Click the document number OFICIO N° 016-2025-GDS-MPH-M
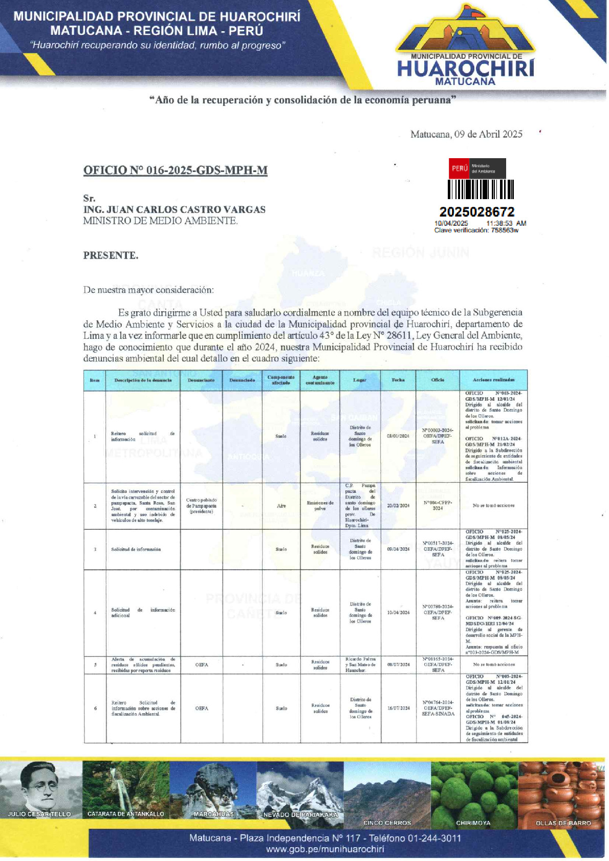(175, 170)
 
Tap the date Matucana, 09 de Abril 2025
(466, 134)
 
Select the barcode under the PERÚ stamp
(481, 189)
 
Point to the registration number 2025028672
(477, 212)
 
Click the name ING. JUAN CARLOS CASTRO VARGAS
(175, 209)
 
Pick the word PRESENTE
(111, 255)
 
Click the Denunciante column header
(201, 380)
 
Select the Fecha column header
(398, 380)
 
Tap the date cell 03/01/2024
(398, 436)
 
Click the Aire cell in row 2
(281, 506)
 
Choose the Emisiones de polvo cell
(320, 506)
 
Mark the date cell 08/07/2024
(398, 664)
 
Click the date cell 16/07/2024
(398, 708)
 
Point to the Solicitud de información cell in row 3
(136, 549)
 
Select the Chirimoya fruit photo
(474, 791)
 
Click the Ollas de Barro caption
(563, 823)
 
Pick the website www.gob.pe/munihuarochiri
(325, 849)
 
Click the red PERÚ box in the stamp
(459, 168)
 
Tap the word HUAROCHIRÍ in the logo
(465, 69)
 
